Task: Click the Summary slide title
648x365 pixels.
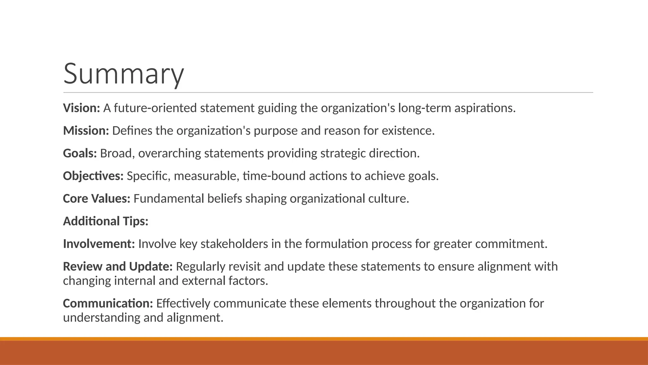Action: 123,74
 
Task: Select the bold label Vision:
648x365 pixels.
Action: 82,108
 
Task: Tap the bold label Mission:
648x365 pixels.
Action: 86,131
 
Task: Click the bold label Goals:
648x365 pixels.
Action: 80,153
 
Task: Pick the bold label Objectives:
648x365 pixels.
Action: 93,176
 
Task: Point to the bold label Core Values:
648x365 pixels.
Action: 97,199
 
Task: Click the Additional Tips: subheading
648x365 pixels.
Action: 106,221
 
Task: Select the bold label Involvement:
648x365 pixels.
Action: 99,244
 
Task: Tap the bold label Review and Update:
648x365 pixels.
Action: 118,266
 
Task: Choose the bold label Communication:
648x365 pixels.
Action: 108,304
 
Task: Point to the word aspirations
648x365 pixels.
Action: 485,108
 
